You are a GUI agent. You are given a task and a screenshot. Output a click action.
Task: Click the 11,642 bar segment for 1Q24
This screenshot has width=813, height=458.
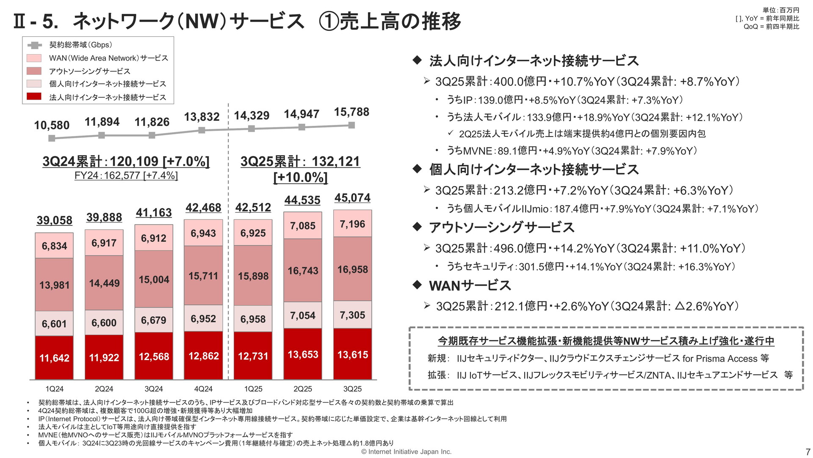coord(54,358)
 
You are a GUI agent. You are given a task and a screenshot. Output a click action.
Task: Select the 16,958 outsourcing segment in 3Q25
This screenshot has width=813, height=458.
coord(353,269)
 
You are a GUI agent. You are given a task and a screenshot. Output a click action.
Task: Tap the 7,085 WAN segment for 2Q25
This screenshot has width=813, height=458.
coord(303,225)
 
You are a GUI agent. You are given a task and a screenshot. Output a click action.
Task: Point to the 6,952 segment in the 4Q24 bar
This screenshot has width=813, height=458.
coord(203,318)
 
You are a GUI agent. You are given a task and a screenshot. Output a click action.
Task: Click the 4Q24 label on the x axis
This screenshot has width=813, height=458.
coord(203,389)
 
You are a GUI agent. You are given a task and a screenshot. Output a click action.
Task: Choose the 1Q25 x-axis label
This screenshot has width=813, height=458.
coord(253,389)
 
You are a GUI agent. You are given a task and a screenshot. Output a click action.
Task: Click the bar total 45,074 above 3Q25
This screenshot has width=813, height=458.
coord(352,198)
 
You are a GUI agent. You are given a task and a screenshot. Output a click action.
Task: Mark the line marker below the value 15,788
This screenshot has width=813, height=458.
coord(351,125)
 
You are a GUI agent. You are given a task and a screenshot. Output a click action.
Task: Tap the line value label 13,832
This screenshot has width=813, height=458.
coord(202,117)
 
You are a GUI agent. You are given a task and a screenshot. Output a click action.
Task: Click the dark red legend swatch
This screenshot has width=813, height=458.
coord(34,97)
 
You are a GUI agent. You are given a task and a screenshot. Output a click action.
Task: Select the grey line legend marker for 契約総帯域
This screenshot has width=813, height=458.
coord(34,45)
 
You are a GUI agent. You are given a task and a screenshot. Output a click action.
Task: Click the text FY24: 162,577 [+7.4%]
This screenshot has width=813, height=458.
coord(126,175)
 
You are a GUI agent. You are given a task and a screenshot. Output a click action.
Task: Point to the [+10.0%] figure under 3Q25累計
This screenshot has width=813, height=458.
coord(301,177)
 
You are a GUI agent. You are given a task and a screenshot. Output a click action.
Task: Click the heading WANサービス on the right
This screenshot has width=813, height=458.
coord(470,286)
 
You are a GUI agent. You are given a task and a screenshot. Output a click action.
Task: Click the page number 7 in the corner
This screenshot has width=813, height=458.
coord(807,452)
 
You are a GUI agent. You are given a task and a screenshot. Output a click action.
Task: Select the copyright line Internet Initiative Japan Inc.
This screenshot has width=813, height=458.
coord(406,452)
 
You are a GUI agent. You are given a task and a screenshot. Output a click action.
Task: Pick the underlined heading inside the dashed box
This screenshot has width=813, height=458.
coord(606,341)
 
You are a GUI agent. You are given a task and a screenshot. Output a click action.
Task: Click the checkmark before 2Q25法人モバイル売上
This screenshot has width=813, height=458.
coord(451,133)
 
